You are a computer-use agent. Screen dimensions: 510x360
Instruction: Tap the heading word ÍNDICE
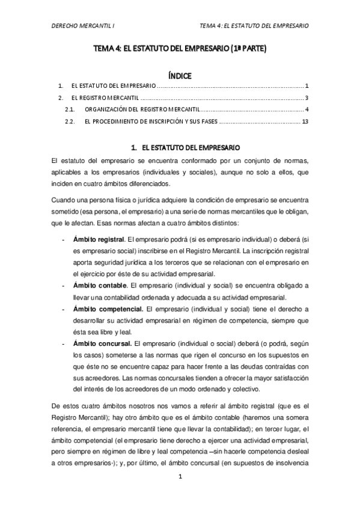coord(180,76)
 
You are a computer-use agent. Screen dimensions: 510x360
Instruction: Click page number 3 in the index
coord(307,97)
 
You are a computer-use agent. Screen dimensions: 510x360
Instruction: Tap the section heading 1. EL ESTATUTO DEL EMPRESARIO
coord(180,147)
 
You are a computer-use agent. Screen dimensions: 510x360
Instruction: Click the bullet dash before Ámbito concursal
coord(64,343)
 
